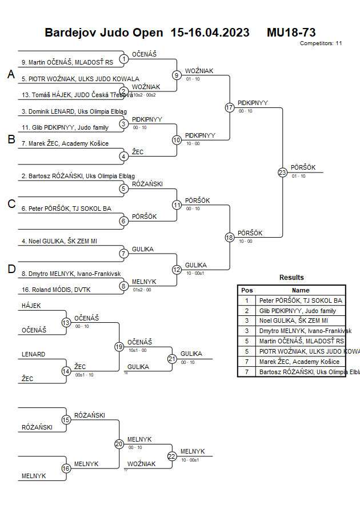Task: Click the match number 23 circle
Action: click(282, 173)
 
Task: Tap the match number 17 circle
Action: click(230, 107)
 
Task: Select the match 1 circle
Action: click(124, 59)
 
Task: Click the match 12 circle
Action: click(177, 270)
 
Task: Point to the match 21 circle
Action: click(172, 359)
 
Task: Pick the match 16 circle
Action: click(66, 468)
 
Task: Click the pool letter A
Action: click(11, 74)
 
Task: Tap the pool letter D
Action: click(11, 270)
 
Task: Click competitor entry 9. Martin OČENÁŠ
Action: click(67, 62)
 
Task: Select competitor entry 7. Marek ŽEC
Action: click(65, 143)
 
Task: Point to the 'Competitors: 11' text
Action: click(321, 43)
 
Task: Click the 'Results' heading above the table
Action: click(291, 278)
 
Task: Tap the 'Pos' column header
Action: click(247, 290)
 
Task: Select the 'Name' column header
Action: click(301, 290)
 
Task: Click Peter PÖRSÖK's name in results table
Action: click(301, 300)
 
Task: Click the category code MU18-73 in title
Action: click(291, 33)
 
